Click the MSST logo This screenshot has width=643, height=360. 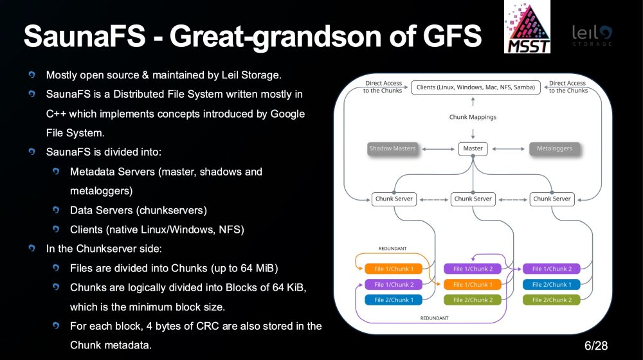tap(527, 26)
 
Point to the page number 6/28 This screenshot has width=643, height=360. tap(596, 346)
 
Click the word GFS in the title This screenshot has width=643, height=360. tap(452, 35)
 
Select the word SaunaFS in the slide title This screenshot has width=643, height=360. tap(84, 35)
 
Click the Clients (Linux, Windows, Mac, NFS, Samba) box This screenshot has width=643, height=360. tap(476, 87)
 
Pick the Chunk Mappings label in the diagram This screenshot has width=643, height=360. tap(473, 117)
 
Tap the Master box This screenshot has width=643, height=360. tap(473, 148)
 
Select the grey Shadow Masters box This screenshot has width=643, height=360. tap(392, 148)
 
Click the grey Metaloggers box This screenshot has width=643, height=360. tap(554, 148)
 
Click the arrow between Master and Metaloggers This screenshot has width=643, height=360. tap(509, 149)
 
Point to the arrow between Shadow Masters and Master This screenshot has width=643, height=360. tap(439, 149)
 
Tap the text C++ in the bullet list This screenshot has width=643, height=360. tap(56, 114)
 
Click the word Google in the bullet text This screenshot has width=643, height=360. tap(287, 114)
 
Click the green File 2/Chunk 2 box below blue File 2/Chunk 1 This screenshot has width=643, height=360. tap(552, 300)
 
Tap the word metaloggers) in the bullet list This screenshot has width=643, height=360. tap(102, 191)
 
